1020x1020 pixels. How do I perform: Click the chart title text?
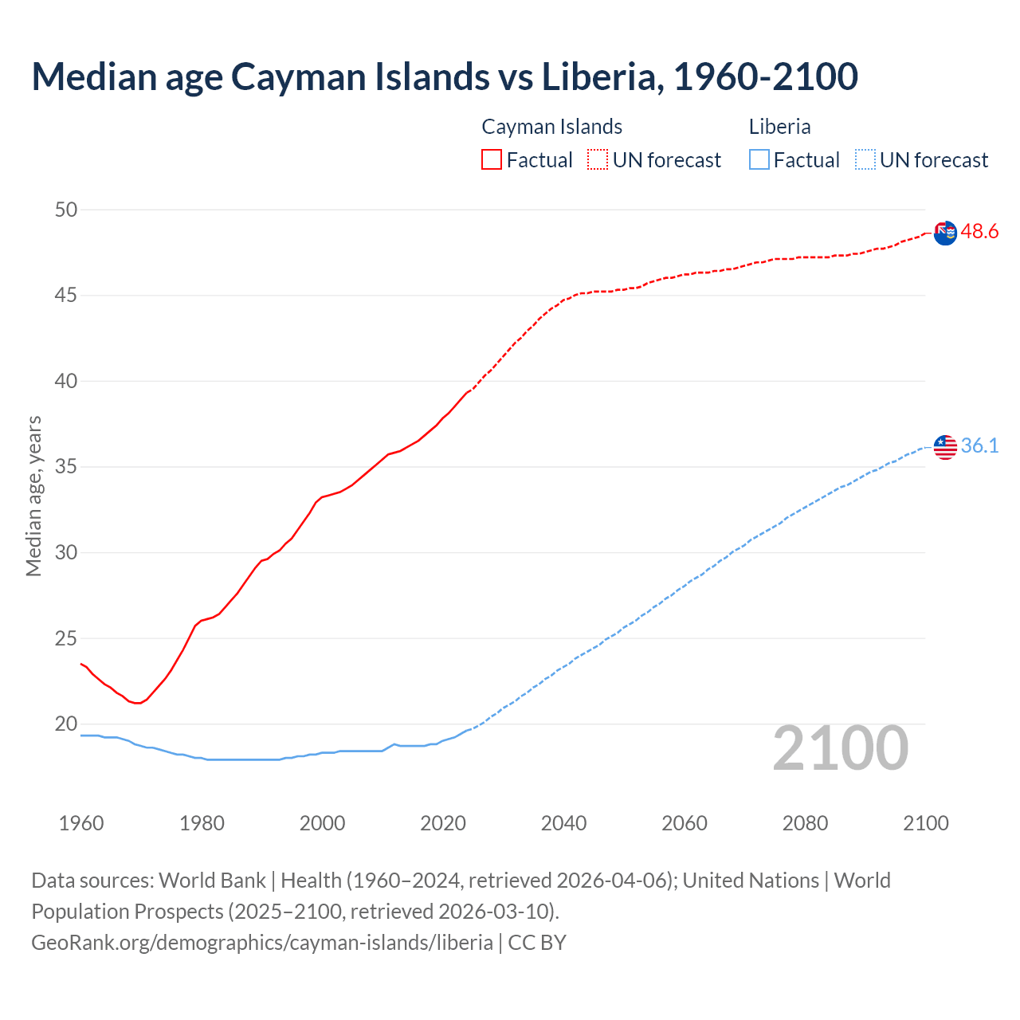coord(445,76)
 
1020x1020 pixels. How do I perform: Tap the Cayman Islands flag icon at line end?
coord(945,233)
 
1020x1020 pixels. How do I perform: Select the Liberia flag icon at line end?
coord(945,447)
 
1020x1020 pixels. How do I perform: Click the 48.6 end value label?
coord(979,232)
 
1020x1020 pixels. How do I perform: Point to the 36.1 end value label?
coord(979,445)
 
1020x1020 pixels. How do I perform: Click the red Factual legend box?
coord(492,159)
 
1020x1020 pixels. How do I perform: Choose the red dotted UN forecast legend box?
coord(598,159)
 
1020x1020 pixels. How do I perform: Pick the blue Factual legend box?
coord(759,159)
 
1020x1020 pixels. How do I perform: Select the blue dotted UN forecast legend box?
coord(865,159)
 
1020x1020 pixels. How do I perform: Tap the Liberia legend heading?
coord(779,127)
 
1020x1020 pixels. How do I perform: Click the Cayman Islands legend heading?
coord(551,127)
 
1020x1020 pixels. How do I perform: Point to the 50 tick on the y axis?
coord(66,210)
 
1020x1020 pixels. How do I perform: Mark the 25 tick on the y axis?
coord(66,638)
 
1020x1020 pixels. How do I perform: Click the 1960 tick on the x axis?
coord(81,823)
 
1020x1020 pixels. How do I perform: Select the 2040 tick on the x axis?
coord(563,823)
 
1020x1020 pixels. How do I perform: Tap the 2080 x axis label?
coord(805,823)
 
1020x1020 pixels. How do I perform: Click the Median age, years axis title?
coord(33,496)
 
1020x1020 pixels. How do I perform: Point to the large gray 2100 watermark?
coord(840,747)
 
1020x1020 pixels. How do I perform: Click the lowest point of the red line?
coord(138,703)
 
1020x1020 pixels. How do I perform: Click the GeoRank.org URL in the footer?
coord(262,943)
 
